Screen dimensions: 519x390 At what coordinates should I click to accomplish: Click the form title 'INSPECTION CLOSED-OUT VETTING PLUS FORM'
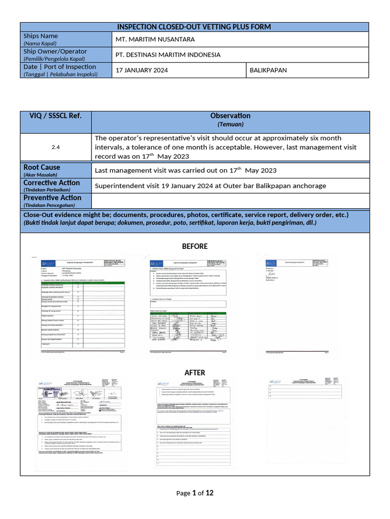[x=194, y=27]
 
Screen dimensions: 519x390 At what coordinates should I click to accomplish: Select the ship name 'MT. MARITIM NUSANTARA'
[x=152, y=40]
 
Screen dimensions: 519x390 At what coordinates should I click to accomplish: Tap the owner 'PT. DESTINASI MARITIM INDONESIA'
[x=168, y=55]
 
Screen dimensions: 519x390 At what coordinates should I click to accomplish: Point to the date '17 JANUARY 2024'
[x=142, y=70]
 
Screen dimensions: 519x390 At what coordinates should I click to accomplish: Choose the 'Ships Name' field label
[x=41, y=36]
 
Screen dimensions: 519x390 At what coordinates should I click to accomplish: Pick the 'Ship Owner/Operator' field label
[x=55, y=51]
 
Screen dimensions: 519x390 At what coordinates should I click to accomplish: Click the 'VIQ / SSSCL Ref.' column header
[x=55, y=116]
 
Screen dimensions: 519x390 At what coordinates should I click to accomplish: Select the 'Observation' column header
[x=230, y=116]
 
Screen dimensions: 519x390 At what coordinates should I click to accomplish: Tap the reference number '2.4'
[x=55, y=147]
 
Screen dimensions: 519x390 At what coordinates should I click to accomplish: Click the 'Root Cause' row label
[x=42, y=167]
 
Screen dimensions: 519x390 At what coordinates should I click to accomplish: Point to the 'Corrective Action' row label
[x=51, y=182]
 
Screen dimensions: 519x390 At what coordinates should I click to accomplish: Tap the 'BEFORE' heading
[x=194, y=246]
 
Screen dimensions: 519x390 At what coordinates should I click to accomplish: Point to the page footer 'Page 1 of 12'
[x=194, y=493]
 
